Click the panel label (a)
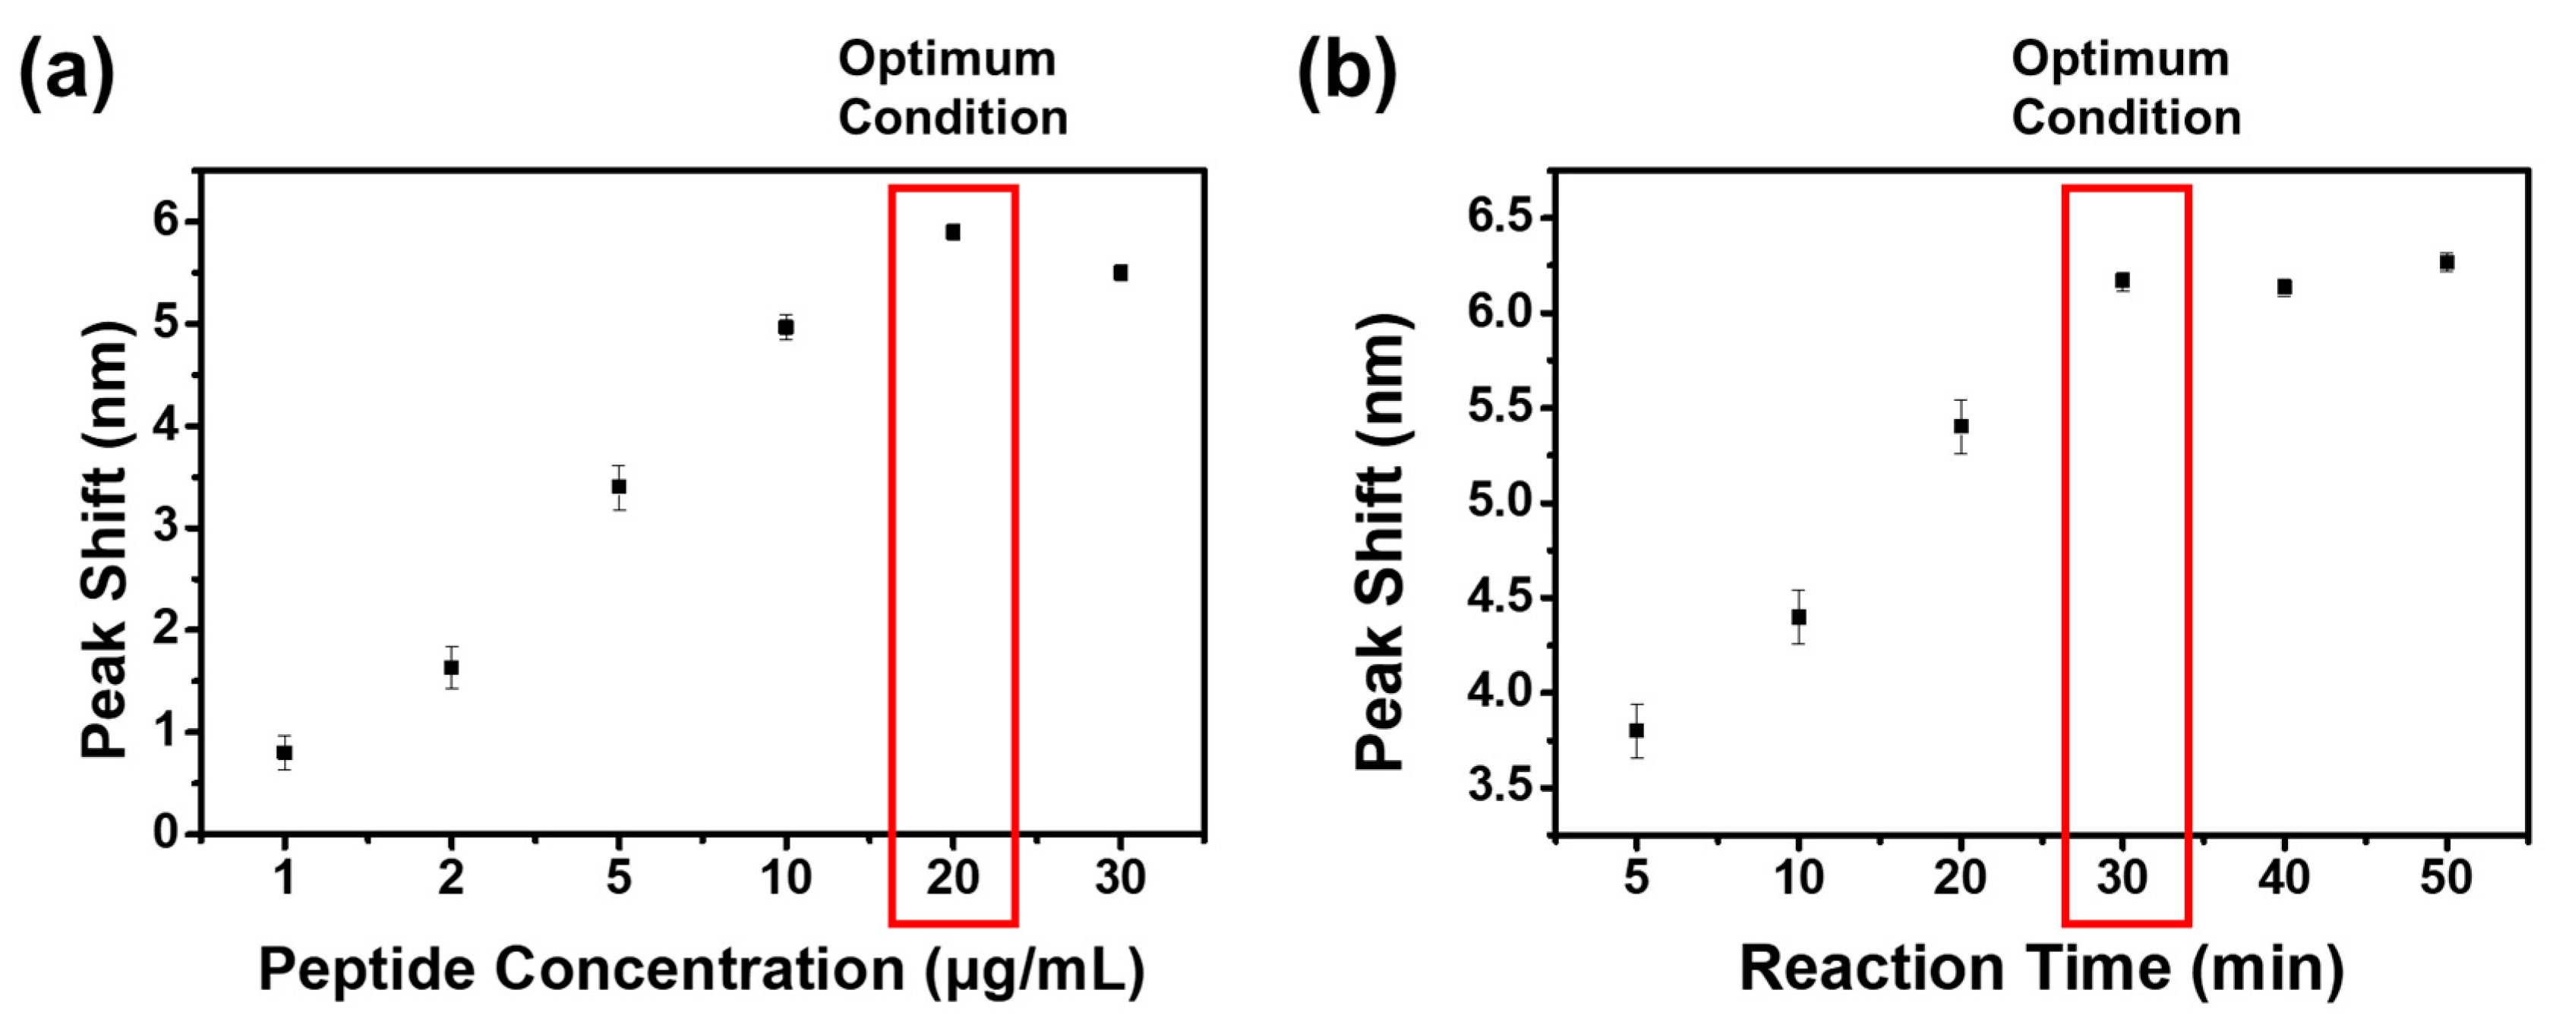66,72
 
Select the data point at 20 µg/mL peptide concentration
952,232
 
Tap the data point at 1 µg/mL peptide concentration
285,752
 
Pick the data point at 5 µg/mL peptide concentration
619,486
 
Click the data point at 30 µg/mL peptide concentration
1120,273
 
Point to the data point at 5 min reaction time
1636,730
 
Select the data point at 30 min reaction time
2122,280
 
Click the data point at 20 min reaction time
1961,426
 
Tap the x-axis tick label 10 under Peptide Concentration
786,878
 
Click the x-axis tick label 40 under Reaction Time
2284,878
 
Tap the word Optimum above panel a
946,59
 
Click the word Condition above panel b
2125,118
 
